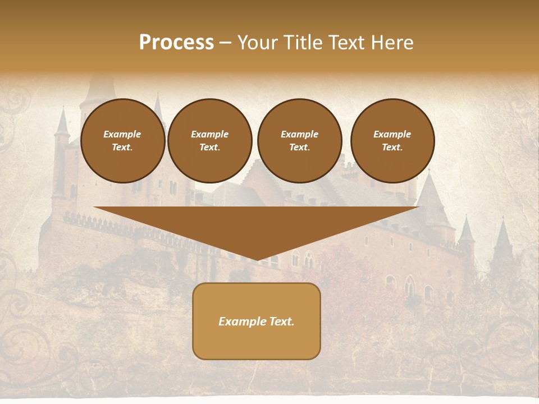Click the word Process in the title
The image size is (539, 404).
click(x=176, y=43)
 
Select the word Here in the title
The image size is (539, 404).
click(x=391, y=43)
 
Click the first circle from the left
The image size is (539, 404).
click(x=122, y=141)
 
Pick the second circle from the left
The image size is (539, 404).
click(x=209, y=141)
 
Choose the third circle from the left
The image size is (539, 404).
click(x=299, y=141)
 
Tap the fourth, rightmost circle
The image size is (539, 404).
click(x=392, y=141)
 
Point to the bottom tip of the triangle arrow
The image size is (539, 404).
click(x=257, y=260)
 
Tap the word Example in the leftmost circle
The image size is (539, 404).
click(x=122, y=134)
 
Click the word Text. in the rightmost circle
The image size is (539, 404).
click(x=392, y=148)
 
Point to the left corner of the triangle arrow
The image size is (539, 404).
click(x=95, y=208)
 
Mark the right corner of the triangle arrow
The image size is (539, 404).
click(x=418, y=208)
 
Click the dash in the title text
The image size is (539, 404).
click(x=226, y=43)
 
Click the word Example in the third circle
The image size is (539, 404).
click(x=299, y=134)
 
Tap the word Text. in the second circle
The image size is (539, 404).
click(x=209, y=148)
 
